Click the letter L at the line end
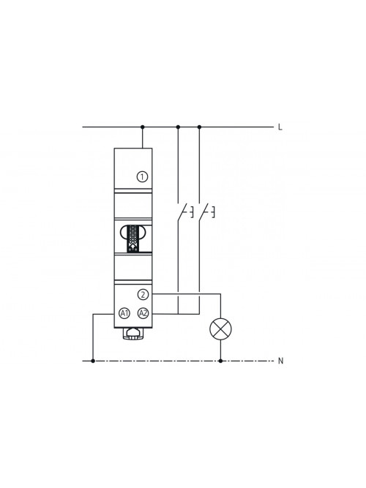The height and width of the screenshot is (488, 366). (x=280, y=127)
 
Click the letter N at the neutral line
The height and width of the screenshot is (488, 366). (x=280, y=361)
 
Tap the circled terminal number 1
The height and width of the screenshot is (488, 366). (x=142, y=177)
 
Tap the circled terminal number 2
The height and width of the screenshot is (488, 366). (x=143, y=294)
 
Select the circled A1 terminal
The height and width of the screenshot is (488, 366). (x=124, y=313)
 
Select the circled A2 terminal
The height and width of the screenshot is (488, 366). (x=143, y=313)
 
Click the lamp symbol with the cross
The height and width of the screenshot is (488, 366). (x=221, y=329)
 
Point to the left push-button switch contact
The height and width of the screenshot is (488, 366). (x=184, y=211)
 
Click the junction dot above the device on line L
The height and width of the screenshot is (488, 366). (x=142, y=127)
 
